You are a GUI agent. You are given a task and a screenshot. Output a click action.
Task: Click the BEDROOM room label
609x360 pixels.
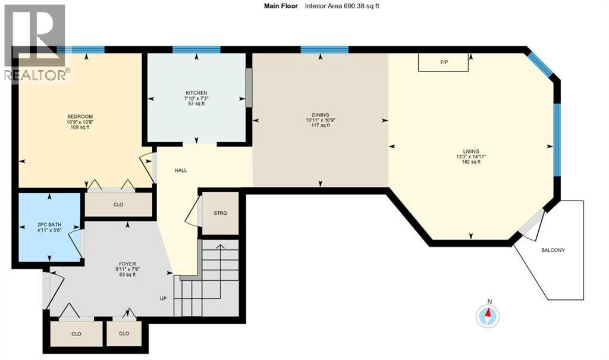pyautogui.click(x=80, y=117)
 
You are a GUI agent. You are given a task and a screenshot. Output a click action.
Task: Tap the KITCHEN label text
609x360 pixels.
pyautogui.click(x=196, y=93)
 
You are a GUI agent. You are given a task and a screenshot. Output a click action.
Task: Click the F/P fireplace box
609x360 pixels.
pyautogui.click(x=444, y=62)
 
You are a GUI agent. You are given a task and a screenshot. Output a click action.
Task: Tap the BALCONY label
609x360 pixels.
pyautogui.click(x=553, y=250)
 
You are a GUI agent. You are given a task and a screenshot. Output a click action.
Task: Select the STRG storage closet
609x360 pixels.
pyautogui.click(x=221, y=213)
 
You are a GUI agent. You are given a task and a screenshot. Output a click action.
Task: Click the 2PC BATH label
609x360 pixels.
pyautogui.click(x=48, y=225)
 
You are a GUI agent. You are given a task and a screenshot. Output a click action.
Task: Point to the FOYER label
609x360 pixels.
pyautogui.click(x=127, y=264)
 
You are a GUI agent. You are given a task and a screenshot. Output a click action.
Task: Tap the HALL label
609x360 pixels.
pyautogui.click(x=181, y=170)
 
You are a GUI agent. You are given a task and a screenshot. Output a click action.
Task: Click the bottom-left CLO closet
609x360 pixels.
pyautogui.click(x=76, y=334)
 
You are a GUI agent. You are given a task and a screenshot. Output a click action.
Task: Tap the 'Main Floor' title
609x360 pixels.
pyautogui.click(x=280, y=6)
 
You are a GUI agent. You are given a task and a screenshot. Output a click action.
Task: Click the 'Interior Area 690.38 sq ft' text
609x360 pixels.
pyautogui.click(x=342, y=6)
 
